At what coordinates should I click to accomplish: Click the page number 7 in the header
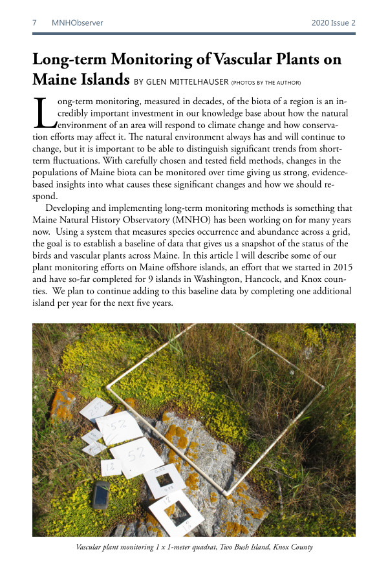click(x=34, y=23)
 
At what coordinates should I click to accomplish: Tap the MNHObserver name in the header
click(x=77, y=23)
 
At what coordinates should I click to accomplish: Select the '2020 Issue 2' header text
click(x=333, y=23)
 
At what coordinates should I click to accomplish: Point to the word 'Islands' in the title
click(x=95, y=80)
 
